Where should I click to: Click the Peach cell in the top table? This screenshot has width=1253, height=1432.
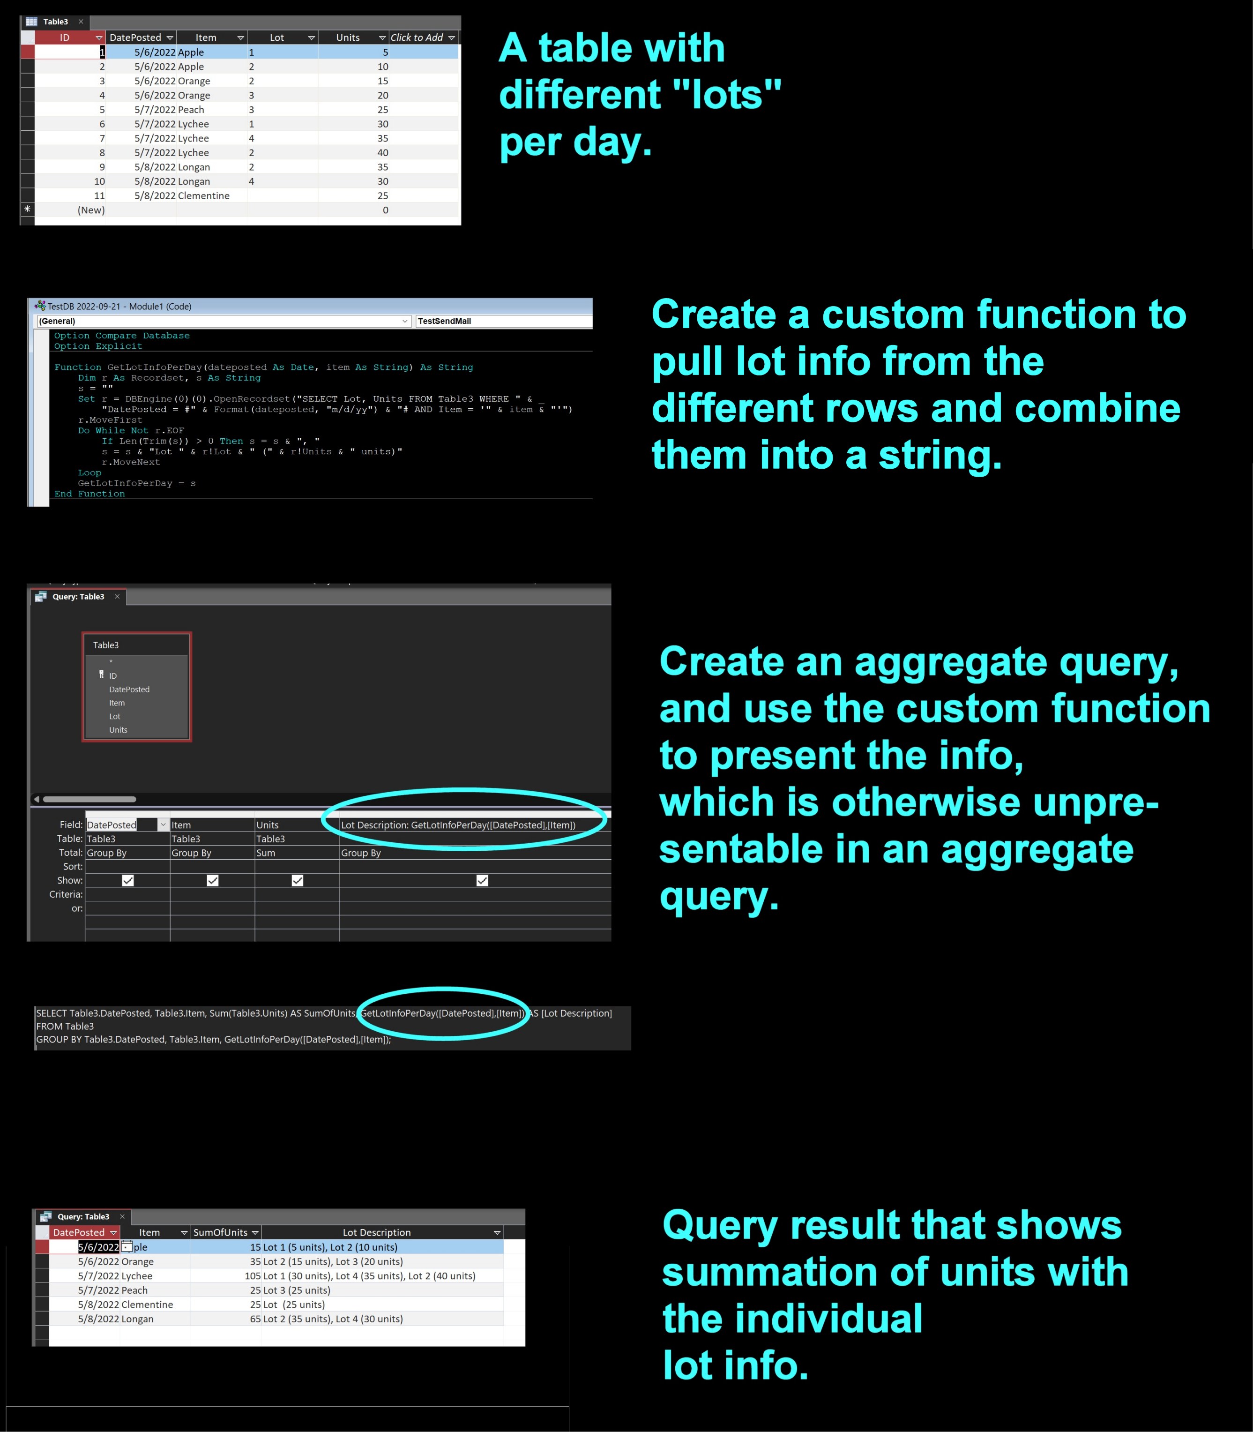pyautogui.click(x=191, y=110)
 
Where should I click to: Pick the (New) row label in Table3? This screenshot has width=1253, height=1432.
pyautogui.click(x=91, y=210)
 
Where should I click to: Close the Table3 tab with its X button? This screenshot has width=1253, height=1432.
pyautogui.click(x=81, y=22)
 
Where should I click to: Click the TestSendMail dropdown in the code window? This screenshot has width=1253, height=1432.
pyautogui.click(x=503, y=321)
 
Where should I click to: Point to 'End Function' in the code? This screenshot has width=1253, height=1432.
pyautogui.click(x=89, y=494)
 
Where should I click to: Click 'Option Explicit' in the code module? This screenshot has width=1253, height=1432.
pyautogui.click(x=98, y=346)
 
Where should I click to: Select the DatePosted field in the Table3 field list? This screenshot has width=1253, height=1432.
pyautogui.click(x=129, y=689)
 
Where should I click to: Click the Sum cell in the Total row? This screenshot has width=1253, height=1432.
pyautogui.click(x=266, y=853)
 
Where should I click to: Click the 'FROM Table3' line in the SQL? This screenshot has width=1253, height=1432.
pyautogui.click(x=65, y=1026)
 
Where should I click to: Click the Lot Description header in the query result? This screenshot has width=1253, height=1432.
pyautogui.click(x=377, y=1233)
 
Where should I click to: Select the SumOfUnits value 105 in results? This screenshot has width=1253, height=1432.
pyautogui.click(x=253, y=1276)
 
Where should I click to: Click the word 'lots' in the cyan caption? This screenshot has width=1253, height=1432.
pyautogui.click(x=727, y=94)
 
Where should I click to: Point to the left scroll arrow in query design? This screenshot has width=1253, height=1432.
pyautogui.click(x=37, y=799)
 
